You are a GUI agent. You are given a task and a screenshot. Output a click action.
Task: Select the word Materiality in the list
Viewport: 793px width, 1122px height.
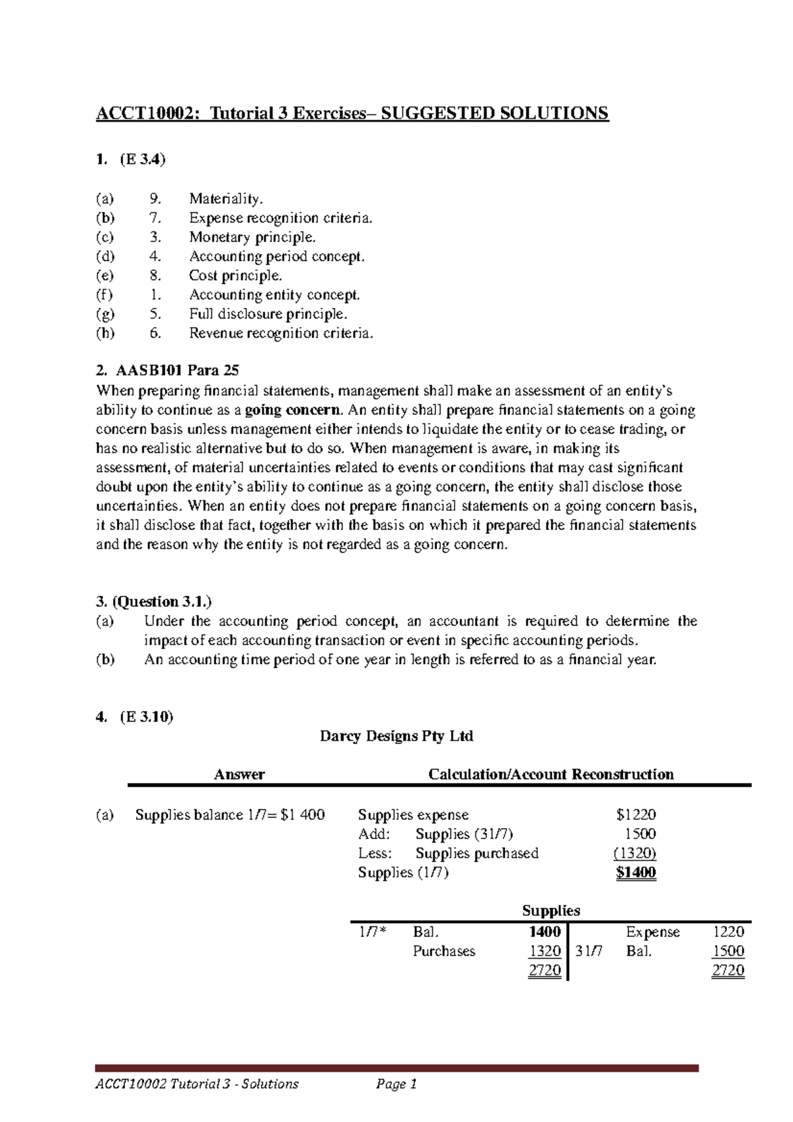coord(225,198)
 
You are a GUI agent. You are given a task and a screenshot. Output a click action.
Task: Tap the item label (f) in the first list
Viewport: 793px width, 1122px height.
coord(104,295)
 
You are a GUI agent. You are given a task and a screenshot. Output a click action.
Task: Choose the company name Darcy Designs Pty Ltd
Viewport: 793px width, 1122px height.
coord(397,736)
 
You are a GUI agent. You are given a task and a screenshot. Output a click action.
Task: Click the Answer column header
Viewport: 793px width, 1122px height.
coord(239,774)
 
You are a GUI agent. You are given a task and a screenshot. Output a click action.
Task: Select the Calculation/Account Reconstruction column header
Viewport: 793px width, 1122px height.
coord(551,774)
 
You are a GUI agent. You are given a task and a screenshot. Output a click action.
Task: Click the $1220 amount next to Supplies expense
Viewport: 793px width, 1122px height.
coord(635,815)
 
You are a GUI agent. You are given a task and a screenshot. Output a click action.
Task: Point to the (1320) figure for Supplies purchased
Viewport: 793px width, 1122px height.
coord(634,853)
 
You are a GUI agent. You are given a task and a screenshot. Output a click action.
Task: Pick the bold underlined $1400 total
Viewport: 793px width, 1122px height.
coord(635,873)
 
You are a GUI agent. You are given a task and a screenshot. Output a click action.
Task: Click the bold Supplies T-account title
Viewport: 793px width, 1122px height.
coord(550,911)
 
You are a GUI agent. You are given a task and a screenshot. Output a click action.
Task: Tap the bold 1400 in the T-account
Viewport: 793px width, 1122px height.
coord(545,932)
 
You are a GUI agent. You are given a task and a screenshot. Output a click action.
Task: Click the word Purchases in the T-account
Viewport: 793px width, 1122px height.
coord(443,952)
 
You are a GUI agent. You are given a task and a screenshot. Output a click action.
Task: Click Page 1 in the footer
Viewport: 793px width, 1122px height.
coord(397,1084)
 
